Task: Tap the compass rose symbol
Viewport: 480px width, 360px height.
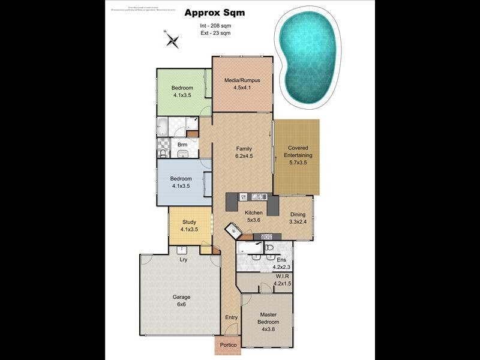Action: (173, 40)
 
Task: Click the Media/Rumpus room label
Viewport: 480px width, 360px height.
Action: (241, 83)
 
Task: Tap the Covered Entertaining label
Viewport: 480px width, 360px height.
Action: (298, 155)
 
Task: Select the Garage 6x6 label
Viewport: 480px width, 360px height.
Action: (181, 301)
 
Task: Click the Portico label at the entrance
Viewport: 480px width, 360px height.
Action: (228, 345)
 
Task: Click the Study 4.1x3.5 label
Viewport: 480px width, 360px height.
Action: (190, 226)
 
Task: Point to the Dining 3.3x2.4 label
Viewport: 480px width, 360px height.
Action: (298, 218)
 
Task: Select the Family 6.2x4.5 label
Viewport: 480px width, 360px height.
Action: (243, 152)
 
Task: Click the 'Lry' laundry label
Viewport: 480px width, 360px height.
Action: (184, 260)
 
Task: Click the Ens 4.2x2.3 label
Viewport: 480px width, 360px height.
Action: (281, 263)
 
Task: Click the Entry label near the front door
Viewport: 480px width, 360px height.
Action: (231, 317)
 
